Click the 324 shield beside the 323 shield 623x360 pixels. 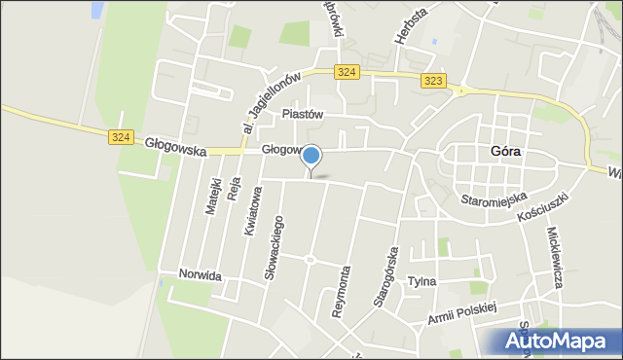pos(347,72)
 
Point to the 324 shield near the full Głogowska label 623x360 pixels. pos(120,137)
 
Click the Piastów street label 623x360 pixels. pos(302,114)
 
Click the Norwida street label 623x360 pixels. pos(201,276)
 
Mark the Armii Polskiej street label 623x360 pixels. pos(461,313)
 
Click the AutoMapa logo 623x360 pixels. pos(561,342)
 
